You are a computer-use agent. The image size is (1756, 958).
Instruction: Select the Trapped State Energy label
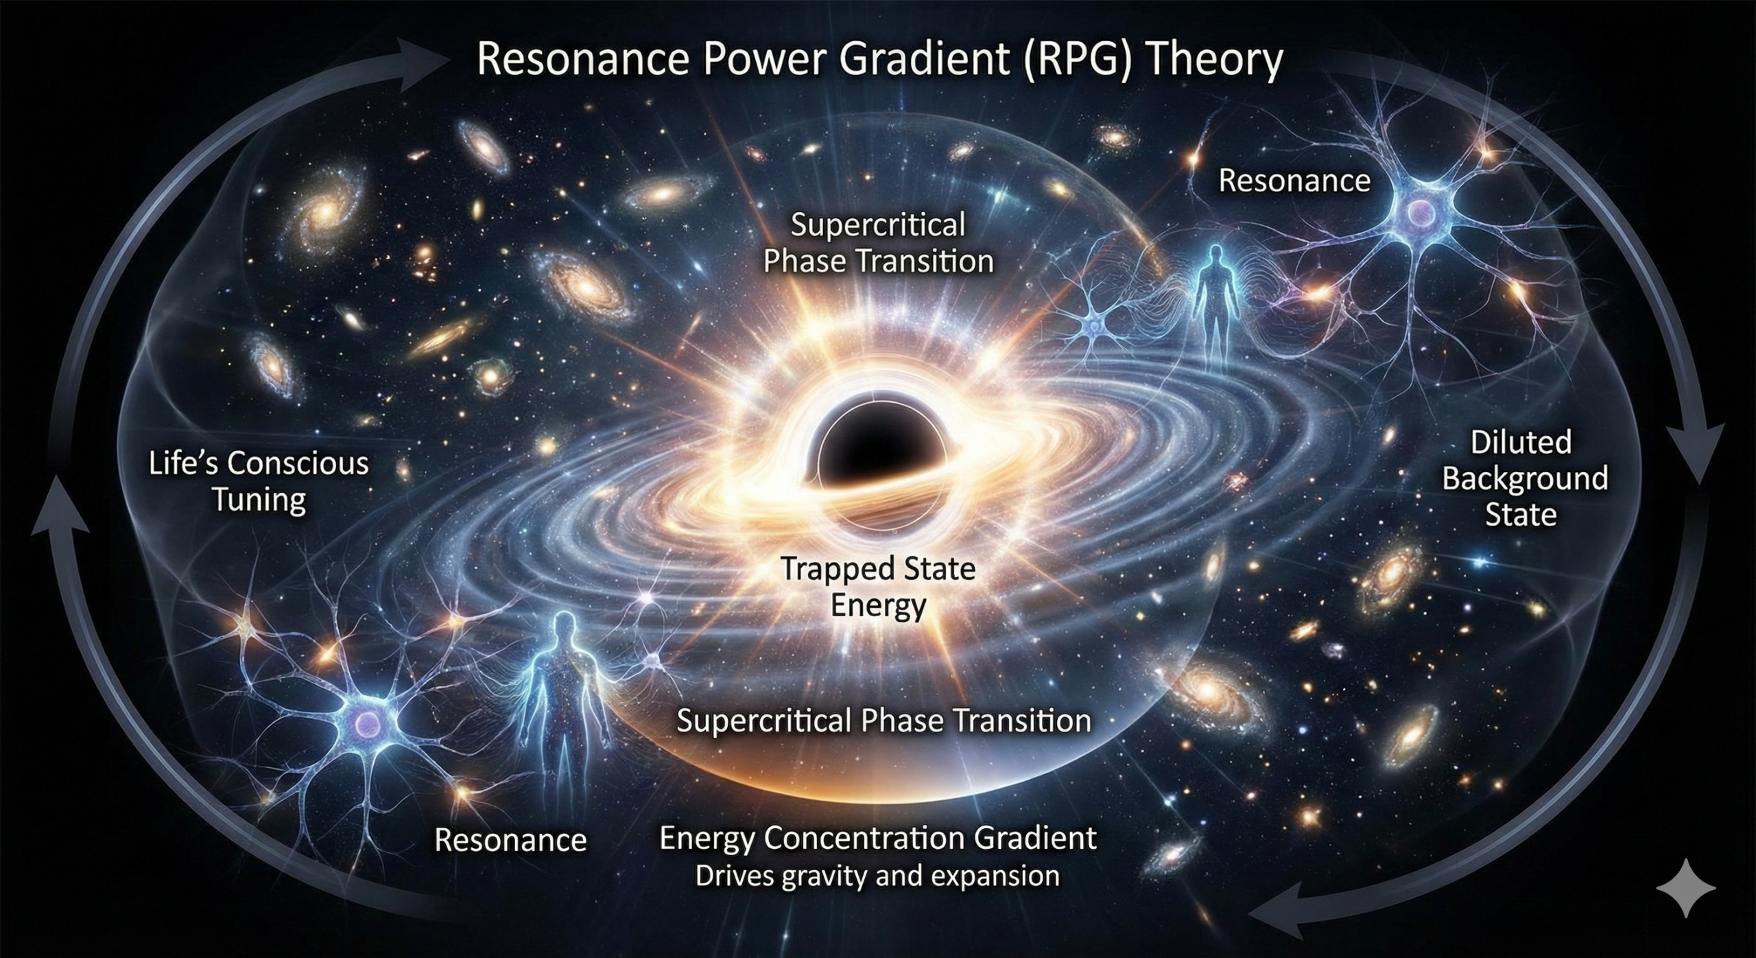878,586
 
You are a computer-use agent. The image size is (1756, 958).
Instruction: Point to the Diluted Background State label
1524,478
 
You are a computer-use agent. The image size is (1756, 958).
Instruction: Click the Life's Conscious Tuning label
259,481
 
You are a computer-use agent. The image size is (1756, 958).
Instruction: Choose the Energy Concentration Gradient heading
878,839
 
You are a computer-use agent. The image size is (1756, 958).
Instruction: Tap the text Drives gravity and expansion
877,876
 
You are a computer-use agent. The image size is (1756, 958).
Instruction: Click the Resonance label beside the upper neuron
1294,180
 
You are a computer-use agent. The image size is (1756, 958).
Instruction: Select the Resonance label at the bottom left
511,841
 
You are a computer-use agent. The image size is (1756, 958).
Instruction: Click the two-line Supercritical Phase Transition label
878,244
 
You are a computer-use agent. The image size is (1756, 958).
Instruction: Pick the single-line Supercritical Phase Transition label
884,721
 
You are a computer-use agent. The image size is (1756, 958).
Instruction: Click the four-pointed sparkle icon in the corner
1686,888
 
